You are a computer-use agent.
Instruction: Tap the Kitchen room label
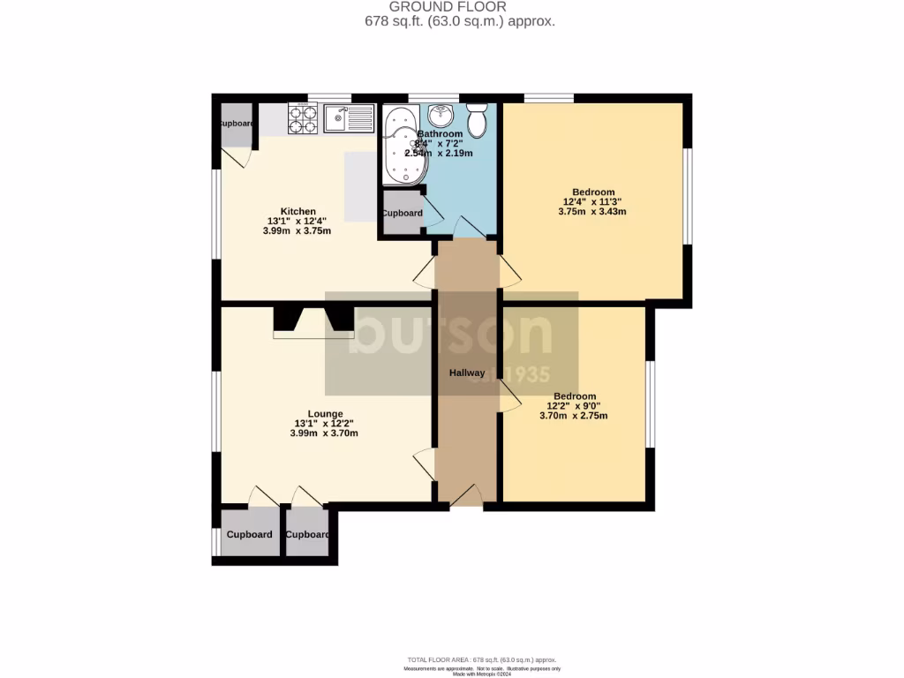(298, 212)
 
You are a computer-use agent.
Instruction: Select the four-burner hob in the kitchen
(303, 117)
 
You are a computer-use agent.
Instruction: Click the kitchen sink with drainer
(349, 117)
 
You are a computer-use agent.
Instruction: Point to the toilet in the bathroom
(477, 120)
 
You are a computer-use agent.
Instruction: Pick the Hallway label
(466, 373)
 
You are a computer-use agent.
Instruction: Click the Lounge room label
(325, 413)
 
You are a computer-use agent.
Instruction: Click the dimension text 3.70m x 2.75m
(574, 416)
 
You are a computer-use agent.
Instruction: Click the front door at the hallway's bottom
(466, 496)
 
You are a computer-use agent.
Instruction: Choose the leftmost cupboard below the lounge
(249, 535)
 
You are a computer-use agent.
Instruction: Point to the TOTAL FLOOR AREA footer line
(482, 659)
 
